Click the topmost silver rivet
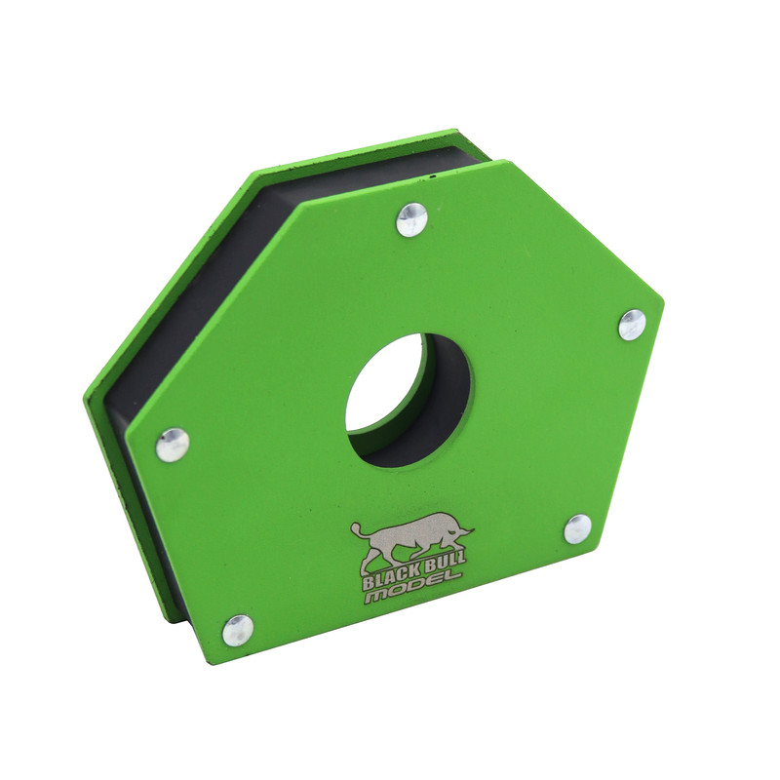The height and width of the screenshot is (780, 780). point(412,219)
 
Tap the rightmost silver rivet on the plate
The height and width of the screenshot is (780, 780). point(632,325)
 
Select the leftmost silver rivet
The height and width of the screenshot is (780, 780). point(173,445)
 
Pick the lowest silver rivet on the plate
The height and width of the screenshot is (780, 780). point(237,630)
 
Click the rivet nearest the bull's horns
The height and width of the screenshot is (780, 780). point(577,529)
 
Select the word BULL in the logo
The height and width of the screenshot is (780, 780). point(446,564)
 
